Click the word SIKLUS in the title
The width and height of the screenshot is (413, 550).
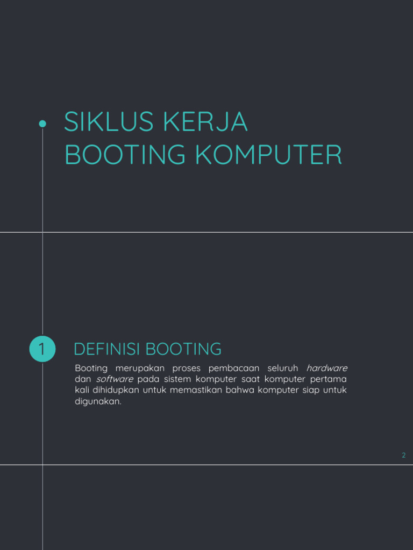point(109,122)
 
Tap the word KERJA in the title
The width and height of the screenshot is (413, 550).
point(205,122)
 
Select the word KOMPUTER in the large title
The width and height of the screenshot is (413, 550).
point(269,154)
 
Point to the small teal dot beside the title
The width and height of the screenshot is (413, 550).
point(42,124)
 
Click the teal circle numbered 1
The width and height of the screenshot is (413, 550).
point(42,349)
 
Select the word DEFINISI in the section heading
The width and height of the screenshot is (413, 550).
point(107,349)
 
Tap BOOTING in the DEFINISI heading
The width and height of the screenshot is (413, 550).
point(183,349)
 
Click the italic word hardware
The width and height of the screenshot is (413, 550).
point(326,368)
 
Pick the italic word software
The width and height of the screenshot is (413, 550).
point(115,379)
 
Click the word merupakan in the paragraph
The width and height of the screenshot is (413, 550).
point(140,368)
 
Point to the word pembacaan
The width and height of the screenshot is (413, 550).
point(234,368)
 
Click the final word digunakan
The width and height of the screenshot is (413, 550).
point(98,401)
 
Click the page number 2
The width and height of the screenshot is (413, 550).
point(403,455)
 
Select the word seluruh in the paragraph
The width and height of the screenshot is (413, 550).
point(283,368)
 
